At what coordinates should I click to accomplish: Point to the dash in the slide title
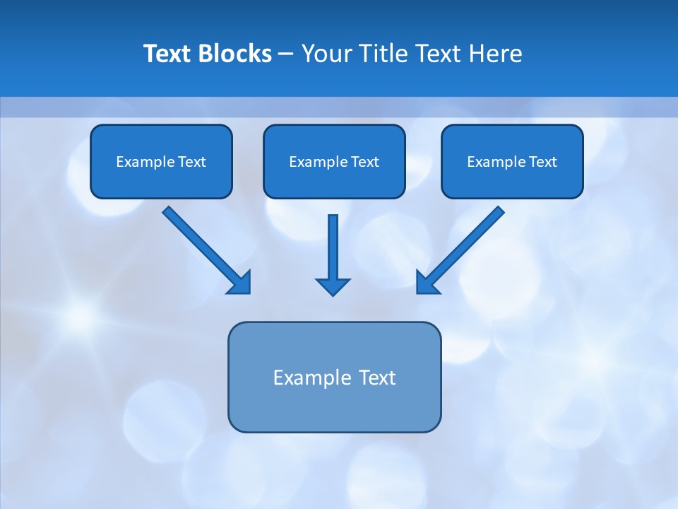click(286, 54)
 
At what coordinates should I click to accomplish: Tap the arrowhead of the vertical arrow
click(333, 286)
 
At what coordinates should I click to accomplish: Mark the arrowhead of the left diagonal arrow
click(241, 283)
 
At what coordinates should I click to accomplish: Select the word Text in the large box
click(377, 378)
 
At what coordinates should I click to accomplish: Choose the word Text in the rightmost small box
click(542, 162)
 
